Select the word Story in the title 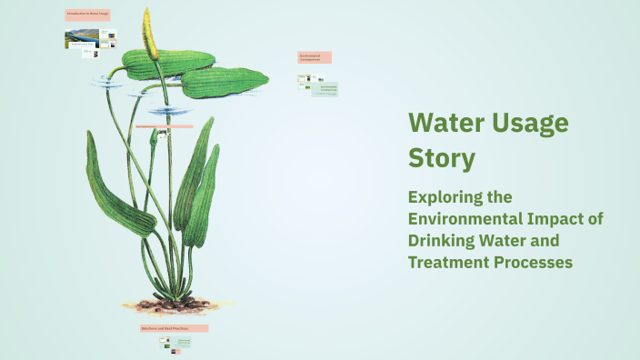pos(441,158)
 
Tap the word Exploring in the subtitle pos(447,197)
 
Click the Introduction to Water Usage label pos(87,15)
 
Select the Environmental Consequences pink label pos(315,57)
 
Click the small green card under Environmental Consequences pos(325,90)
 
